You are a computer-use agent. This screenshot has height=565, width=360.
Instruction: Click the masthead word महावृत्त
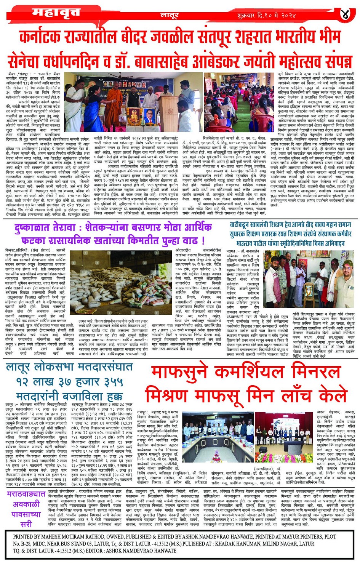coord(56,13)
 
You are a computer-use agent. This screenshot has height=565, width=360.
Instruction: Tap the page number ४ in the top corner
coord(345,14)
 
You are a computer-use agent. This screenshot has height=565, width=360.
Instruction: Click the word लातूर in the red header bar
coord(170,16)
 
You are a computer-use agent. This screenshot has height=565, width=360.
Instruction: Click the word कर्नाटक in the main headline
coord(43,38)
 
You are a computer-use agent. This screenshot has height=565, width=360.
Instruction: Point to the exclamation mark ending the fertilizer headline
coord(203,241)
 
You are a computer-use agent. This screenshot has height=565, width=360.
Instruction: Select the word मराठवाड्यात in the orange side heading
coord(26,494)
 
